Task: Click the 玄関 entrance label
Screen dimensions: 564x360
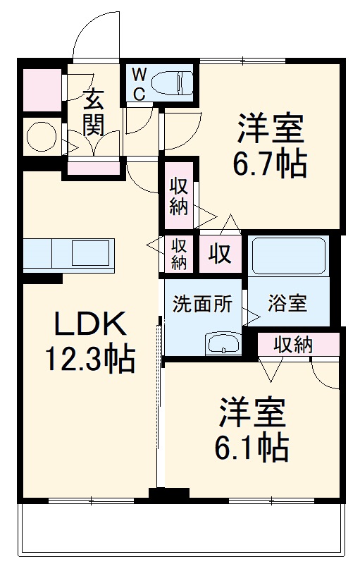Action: [94, 112]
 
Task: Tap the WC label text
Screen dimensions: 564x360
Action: [139, 83]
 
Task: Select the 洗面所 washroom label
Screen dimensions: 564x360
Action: [203, 305]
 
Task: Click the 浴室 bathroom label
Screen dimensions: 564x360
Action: [287, 304]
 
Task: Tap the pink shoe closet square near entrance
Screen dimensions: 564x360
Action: [42, 89]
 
